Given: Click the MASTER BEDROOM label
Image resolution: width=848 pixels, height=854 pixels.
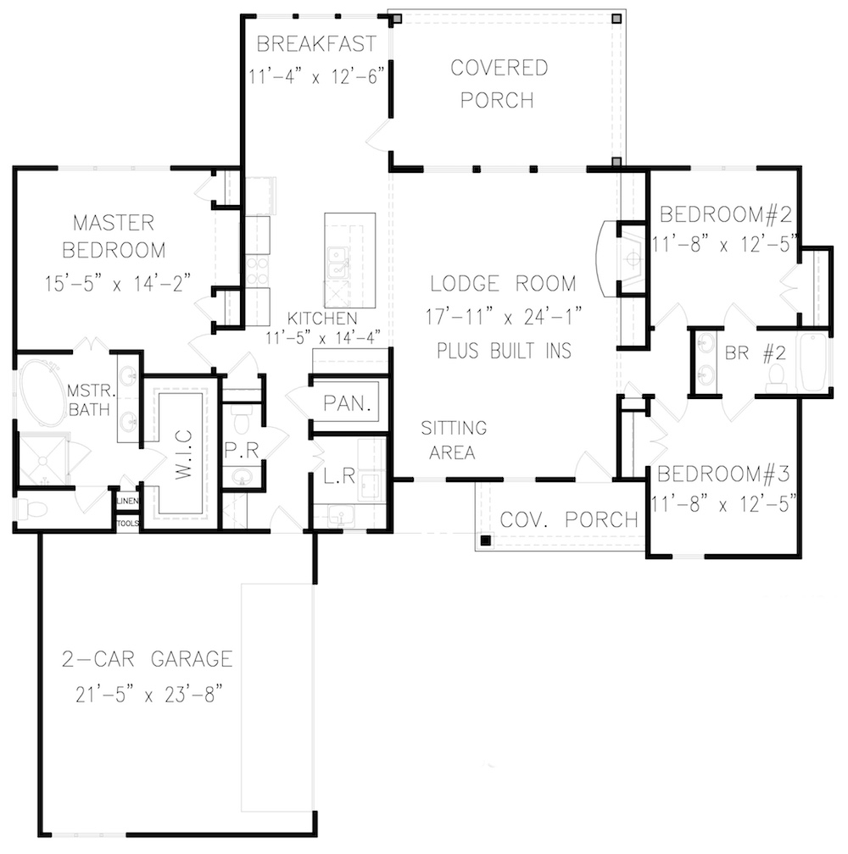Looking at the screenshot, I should [x=114, y=236].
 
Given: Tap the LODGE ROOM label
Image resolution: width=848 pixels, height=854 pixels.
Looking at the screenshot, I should [x=502, y=283].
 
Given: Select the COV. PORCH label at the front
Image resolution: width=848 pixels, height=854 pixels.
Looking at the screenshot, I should [x=568, y=519].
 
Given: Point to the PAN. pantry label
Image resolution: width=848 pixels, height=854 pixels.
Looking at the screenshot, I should [x=349, y=404].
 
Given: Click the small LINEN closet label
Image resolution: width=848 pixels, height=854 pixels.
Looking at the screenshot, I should [x=127, y=500].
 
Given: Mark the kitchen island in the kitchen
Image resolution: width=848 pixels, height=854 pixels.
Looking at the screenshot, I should [x=349, y=260].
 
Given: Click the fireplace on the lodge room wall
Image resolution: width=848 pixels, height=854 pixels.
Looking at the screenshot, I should [x=623, y=259].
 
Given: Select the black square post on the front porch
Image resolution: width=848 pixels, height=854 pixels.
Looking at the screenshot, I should [x=487, y=540].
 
